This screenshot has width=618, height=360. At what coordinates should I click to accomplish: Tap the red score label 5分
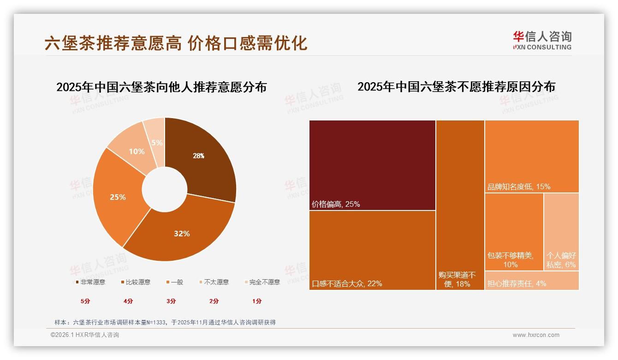click(86, 301)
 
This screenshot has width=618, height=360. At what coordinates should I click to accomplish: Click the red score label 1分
click(257, 301)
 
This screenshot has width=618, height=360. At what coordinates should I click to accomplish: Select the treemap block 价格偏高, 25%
click(372, 165)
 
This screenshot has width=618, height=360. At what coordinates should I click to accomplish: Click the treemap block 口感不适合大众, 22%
click(372, 250)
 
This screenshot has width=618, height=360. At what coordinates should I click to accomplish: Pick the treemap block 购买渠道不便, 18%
click(460, 205)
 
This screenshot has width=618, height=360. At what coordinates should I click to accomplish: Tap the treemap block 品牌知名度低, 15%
click(532, 156)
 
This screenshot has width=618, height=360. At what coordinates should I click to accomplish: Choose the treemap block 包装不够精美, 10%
click(514, 232)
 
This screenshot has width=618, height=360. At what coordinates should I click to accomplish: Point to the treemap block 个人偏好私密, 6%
click(561, 232)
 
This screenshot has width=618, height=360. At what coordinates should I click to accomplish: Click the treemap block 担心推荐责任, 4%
click(532, 281)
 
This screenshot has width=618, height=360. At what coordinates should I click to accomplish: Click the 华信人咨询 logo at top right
click(542, 41)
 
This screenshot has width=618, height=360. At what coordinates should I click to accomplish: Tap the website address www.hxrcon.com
click(536, 335)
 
